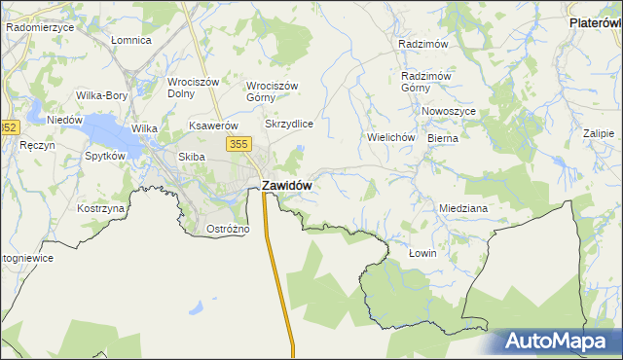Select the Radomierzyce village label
click(40, 27)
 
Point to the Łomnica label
click(130, 40)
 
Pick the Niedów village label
click(64, 120)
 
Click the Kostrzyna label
click(101, 208)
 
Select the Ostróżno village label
click(229, 229)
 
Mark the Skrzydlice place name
click(289, 125)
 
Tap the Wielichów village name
click(391, 137)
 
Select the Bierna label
click(442, 138)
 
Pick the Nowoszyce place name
click(449, 111)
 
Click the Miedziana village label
click(462, 208)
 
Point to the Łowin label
click(422, 253)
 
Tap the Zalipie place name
click(599, 133)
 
